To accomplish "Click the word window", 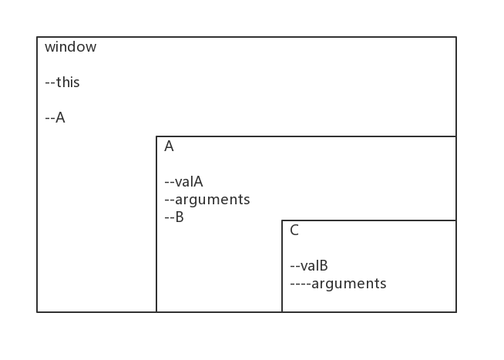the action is [70, 47].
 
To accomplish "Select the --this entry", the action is [62, 82].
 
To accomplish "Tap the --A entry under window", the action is [55, 118].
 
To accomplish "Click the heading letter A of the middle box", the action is [169, 146].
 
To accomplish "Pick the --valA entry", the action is [184, 182].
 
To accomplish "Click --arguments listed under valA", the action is [207, 200].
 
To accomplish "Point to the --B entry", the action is [174, 217].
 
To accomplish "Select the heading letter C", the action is [294, 230].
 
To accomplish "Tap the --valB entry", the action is [309, 266].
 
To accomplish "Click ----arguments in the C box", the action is [338, 284].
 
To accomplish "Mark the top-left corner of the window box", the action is [37, 37].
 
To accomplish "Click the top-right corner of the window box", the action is [456, 37].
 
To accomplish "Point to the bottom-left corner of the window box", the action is [37, 311].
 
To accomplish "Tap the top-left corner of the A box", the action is [156, 136].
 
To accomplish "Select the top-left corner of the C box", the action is [282, 220].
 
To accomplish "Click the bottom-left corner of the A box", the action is [156, 311].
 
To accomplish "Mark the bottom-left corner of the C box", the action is [282, 311].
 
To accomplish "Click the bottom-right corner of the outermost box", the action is [456, 311].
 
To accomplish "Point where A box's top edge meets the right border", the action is [456, 136].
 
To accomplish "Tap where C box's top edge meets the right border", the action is [456, 220].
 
